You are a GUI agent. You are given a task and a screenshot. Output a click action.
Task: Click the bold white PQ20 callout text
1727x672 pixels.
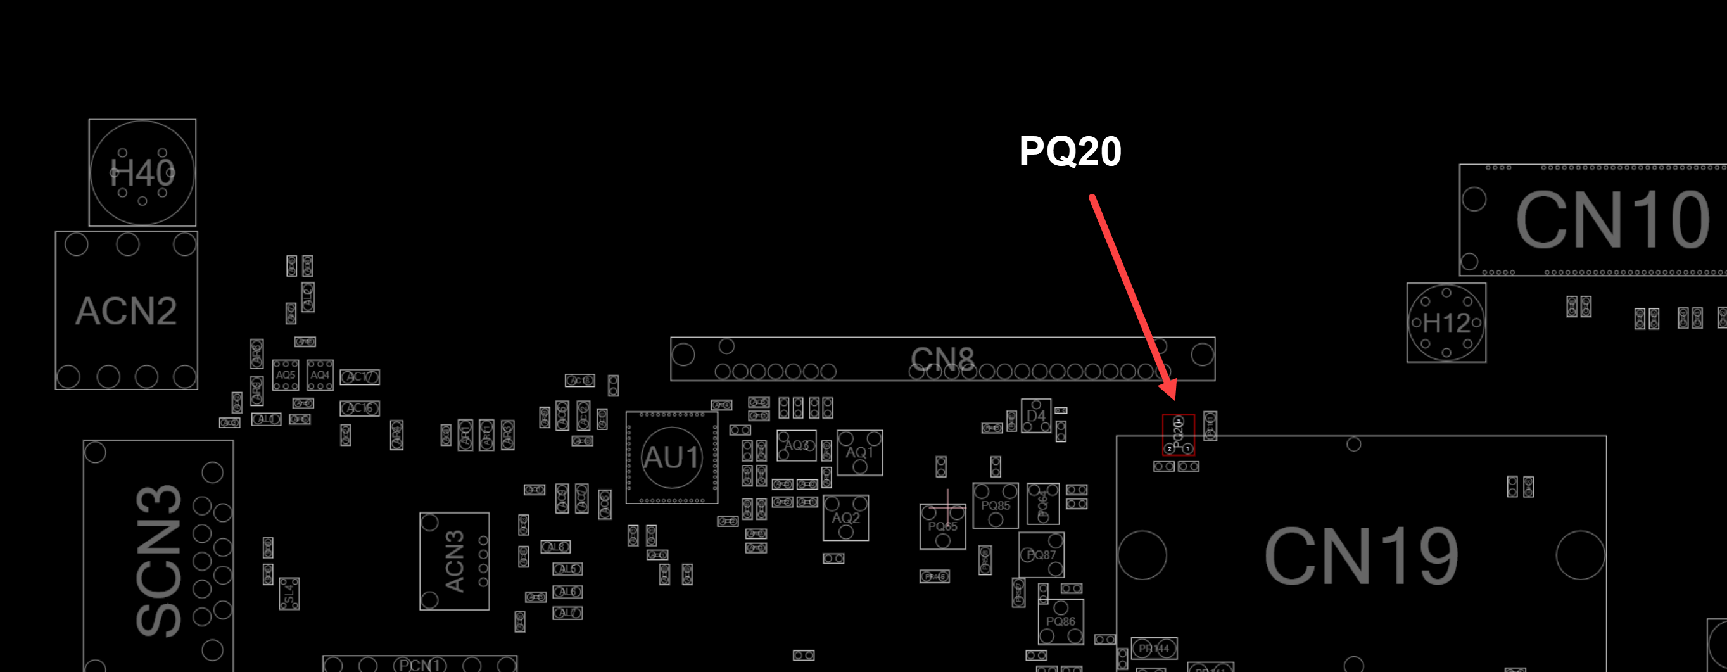1070,151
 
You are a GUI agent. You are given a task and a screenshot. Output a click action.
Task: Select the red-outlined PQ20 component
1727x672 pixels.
1178,435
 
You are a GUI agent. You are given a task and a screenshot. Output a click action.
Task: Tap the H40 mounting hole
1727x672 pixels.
142,173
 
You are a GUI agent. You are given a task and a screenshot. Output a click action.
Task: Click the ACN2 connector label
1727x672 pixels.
126,311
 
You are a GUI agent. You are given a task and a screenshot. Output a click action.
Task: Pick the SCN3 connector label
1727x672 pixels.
159,560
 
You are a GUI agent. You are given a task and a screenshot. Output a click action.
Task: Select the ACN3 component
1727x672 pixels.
455,561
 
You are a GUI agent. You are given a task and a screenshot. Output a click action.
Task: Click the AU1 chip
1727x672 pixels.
672,457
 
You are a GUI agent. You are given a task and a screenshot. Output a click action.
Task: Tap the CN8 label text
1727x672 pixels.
942,358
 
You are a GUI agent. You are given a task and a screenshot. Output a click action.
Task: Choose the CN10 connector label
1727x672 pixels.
1612,220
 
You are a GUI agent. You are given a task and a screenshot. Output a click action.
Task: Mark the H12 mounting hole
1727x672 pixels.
1446,322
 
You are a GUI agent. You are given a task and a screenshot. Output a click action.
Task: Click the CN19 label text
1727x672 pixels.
1361,555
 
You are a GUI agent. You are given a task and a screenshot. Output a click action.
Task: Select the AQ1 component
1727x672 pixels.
859,453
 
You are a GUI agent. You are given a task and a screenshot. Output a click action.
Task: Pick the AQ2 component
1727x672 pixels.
846,517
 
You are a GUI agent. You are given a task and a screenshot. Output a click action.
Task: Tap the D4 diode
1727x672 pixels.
1036,416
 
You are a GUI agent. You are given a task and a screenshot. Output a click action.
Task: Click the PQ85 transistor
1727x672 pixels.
995,505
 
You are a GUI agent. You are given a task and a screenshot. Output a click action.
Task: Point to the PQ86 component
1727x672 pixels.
1061,622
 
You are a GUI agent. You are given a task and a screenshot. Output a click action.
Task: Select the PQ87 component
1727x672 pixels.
1041,555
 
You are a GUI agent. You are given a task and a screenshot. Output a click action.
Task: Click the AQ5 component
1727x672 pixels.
286,376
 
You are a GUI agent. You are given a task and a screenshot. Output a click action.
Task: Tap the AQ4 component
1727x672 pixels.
320,376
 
